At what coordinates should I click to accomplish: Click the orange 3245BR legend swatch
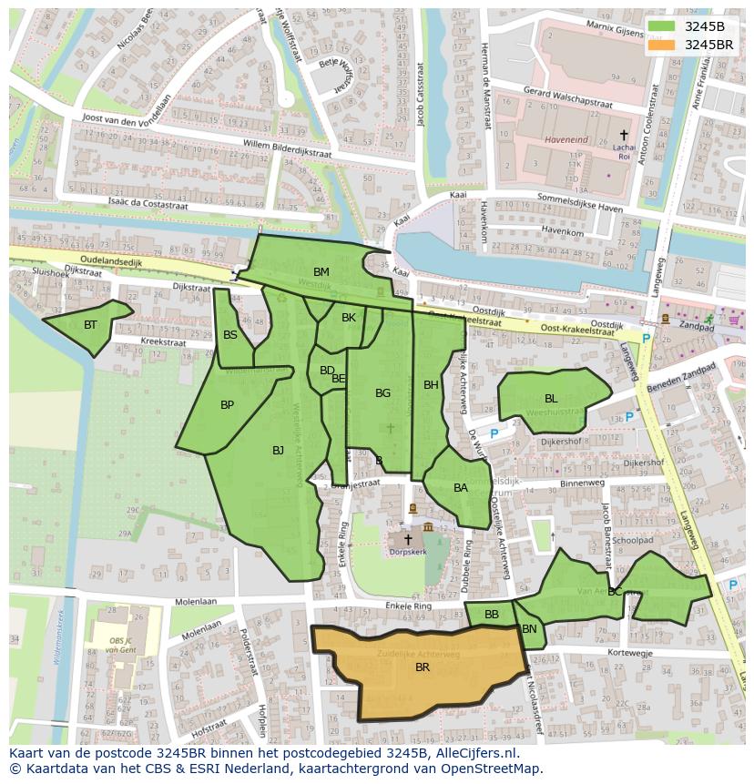click(663, 44)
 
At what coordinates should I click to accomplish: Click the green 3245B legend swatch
click(663, 25)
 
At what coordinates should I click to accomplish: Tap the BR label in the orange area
click(423, 667)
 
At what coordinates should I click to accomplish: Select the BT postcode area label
click(90, 325)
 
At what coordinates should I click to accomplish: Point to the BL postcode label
click(551, 399)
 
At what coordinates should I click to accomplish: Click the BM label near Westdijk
click(321, 272)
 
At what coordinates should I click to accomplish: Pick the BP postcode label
click(228, 405)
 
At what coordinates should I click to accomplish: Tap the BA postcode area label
click(461, 488)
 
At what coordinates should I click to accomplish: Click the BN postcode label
click(529, 629)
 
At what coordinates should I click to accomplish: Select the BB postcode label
click(492, 615)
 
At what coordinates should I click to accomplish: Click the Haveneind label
click(566, 141)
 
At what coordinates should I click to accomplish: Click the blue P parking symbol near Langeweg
click(647, 338)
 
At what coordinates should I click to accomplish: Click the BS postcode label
click(230, 335)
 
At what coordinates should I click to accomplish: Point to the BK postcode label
click(349, 318)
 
